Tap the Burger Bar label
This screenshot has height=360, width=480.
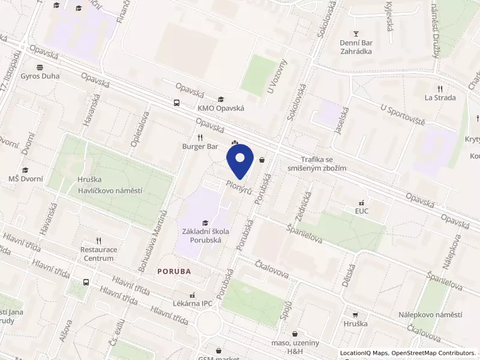[x=200, y=146]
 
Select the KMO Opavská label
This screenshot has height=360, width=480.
[x=221, y=109]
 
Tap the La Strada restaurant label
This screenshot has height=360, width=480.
[x=440, y=97]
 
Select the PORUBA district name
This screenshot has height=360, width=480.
[x=174, y=271]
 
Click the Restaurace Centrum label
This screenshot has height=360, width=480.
[x=97, y=254]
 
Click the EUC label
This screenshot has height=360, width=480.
[x=361, y=211]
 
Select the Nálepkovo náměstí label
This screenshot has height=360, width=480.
[x=430, y=315]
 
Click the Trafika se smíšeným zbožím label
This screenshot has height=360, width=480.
[x=324, y=164]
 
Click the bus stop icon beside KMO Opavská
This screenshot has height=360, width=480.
[x=176, y=103]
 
